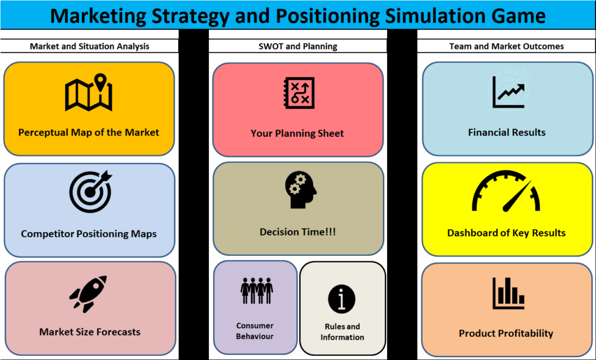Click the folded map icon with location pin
click(x=88, y=92)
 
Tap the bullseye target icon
click(x=91, y=191)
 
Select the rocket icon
click(x=88, y=294)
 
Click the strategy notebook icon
click(x=300, y=93)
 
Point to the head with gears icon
click(x=301, y=190)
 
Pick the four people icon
click(x=257, y=291)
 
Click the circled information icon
click(x=342, y=299)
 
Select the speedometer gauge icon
click(x=506, y=191)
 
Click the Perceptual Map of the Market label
click(x=88, y=133)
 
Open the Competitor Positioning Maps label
click(x=88, y=234)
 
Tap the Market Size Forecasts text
click(x=90, y=332)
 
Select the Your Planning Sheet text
click(x=297, y=133)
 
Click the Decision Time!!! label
click(x=297, y=232)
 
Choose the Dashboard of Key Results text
click(x=506, y=233)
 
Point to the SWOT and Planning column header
click(x=297, y=47)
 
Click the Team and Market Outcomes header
click(x=506, y=47)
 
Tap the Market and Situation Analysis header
click(x=89, y=47)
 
